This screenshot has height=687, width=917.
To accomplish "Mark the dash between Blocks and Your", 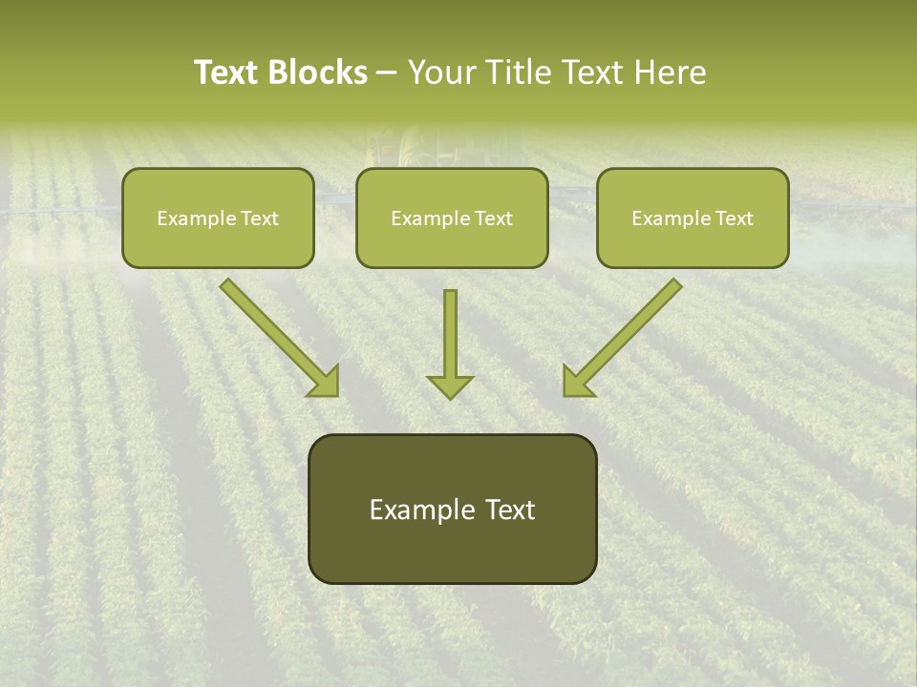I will pyautogui.click(x=387, y=73).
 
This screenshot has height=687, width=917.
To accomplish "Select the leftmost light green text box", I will pyautogui.click(x=218, y=218).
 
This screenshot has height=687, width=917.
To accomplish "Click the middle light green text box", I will pyautogui.click(x=452, y=218).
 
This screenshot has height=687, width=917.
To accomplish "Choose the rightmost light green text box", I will pyautogui.click(x=693, y=218).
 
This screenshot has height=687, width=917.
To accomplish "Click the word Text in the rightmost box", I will pyautogui.click(x=735, y=219).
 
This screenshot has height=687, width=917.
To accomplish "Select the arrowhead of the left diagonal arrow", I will pyautogui.click(x=325, y=382).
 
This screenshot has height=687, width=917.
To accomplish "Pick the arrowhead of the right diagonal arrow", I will pyautogui.click(x=577, y=382).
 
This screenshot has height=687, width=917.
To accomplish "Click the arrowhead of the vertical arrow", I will pyautogui.click(x=450, y=386).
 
